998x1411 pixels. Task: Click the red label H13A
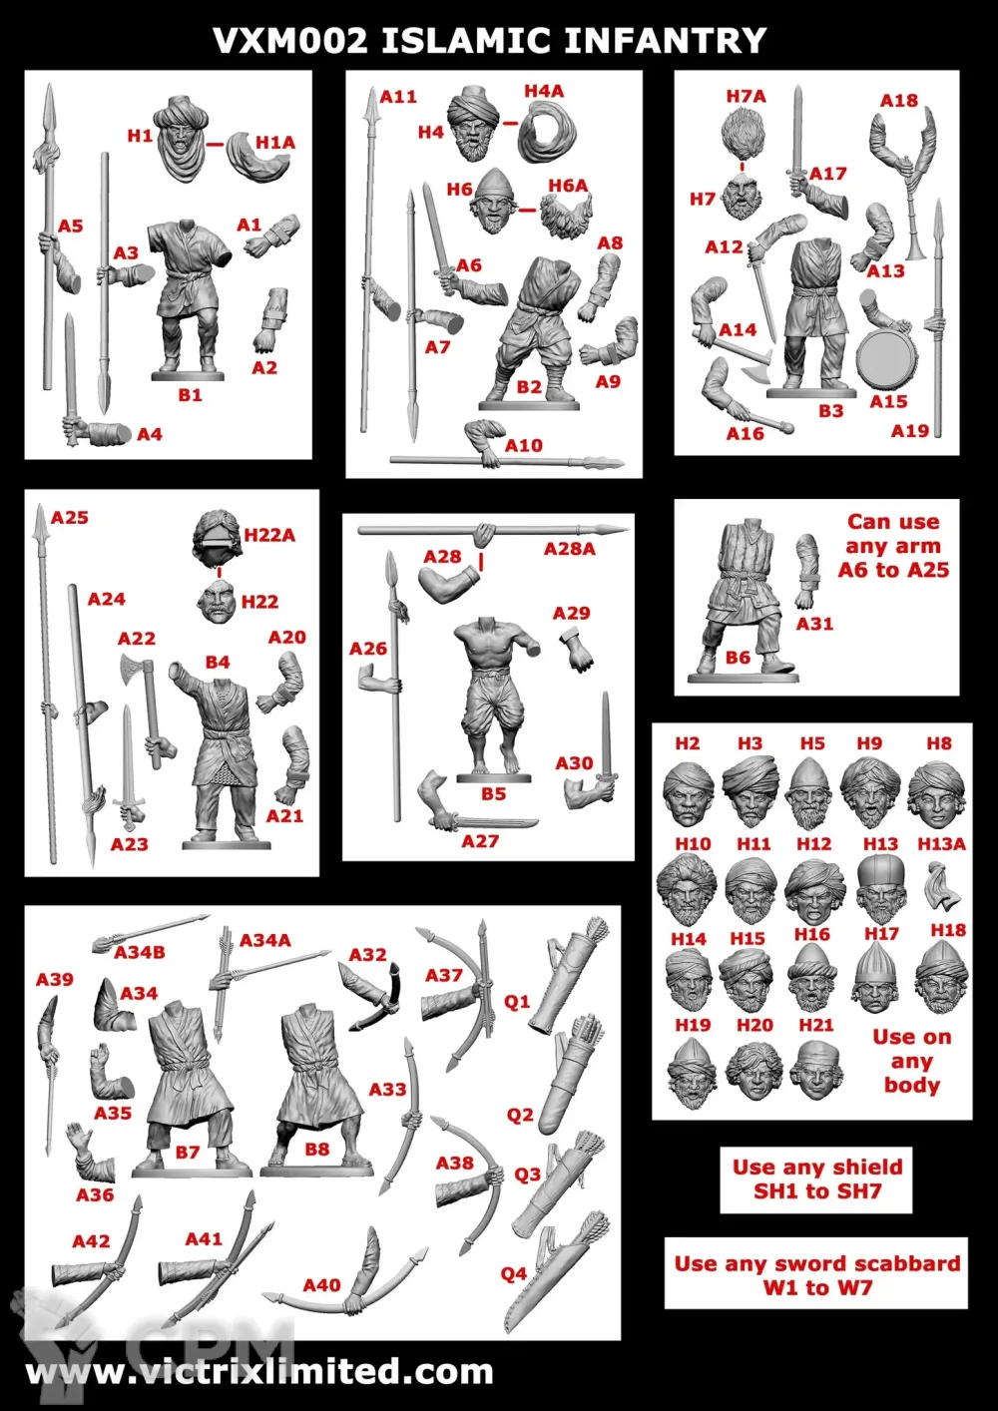941,843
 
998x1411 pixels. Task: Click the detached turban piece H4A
547,134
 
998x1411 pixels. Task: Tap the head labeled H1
183,139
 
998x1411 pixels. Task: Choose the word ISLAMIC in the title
466,41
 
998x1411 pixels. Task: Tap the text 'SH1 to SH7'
817,1191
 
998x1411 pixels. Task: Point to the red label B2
529,387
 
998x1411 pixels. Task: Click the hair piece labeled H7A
744,134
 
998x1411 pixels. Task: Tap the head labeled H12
814,892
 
